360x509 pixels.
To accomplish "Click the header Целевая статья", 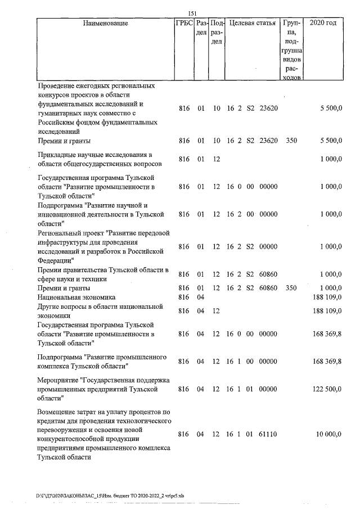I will (x=252, y=24).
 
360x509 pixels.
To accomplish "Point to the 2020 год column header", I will (x=326, y=24).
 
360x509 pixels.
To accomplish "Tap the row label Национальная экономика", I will (x=76, y=296).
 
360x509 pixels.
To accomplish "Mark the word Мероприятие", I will (x=57, y=380).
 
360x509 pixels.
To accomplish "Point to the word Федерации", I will (x=55, y=260).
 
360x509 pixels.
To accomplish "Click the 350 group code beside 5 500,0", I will (x=291, y=141).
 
